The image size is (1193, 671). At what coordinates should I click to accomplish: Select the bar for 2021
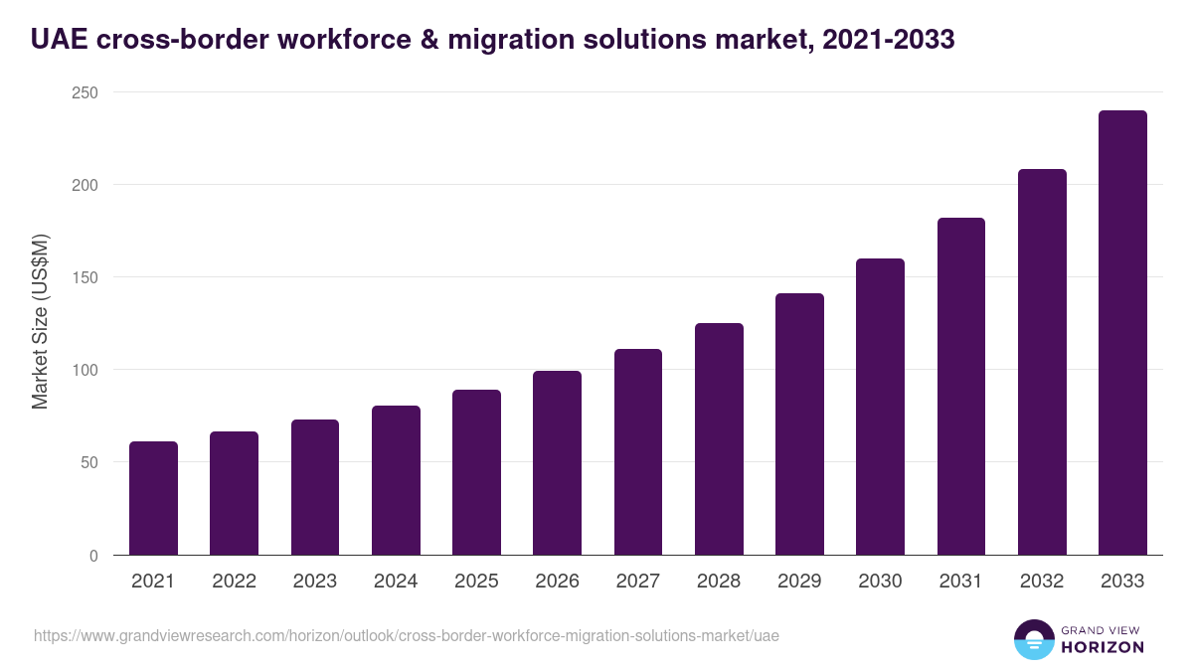[x=153, y=498]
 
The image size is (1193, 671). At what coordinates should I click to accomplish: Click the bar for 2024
[x=396, y=480]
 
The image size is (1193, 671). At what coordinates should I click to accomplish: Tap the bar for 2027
[x=638, y=452]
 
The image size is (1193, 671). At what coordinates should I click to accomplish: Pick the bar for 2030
[x=880, y=407]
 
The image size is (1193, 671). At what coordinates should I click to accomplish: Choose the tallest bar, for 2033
[x=1122, y=333]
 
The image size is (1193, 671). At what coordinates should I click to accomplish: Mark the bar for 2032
[x=1042, y=362]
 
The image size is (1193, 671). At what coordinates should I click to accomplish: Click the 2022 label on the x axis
[x=234, y=582]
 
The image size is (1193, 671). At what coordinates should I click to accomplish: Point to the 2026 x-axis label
[x=557, y=582]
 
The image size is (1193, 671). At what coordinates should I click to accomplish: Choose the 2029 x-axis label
[x=799, y=582]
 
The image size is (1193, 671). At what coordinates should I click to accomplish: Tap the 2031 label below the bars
[x=961, y=582]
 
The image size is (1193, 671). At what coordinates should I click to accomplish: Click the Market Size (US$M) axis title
[x=40, y=323]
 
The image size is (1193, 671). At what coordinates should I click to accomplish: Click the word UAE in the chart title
[x=59, y=39]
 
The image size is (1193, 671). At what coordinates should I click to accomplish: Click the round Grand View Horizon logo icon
[x=1034, y=639]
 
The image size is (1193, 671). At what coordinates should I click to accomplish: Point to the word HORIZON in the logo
[x=1101, y=647]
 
